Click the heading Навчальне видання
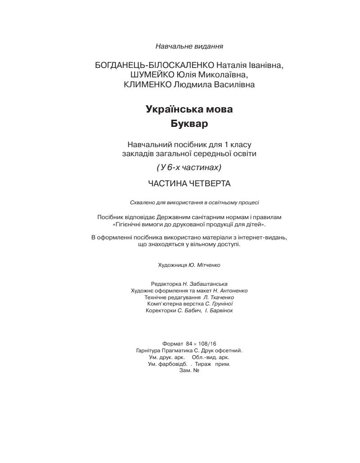coord(189,46)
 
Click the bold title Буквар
coord(189,123)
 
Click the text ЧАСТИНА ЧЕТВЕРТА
coord(189,183)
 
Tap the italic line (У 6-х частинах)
coord(189,167)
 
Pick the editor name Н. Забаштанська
coord(205,284)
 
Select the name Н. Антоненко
coord(230,291)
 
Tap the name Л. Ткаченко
coord(218,297)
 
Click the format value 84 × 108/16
coord(201,343)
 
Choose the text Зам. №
coord(189,371)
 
